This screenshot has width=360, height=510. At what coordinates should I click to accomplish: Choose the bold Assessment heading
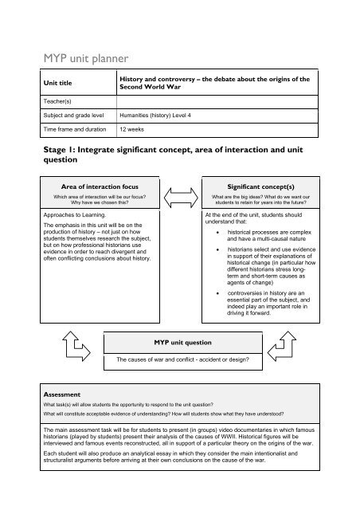[49, 394]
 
